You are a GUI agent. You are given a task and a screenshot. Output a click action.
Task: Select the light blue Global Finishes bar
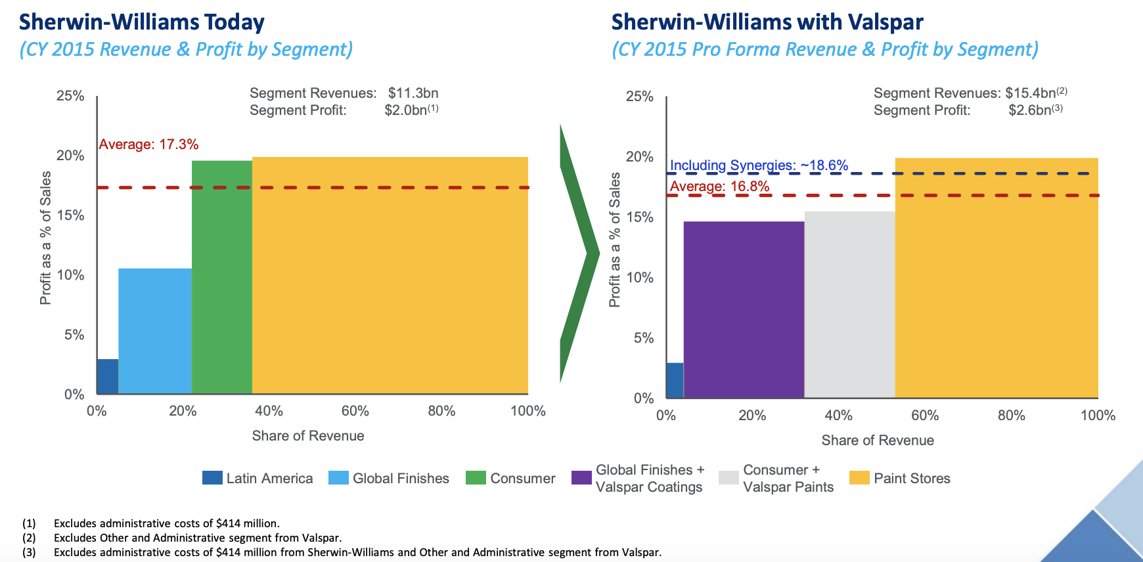[155, 332]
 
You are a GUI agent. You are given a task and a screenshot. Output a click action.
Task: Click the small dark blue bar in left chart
[107, 377]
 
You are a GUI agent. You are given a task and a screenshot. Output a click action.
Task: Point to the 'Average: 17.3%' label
[148, 144]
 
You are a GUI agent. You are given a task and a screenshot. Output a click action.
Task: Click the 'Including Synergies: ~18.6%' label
[759, 165]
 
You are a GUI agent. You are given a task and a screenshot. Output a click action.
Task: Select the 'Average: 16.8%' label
[719, 186]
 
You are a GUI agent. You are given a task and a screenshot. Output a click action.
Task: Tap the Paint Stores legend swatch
[859, 478]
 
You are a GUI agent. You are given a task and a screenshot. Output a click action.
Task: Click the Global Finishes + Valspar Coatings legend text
[649, 479]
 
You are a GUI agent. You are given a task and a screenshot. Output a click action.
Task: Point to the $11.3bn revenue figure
[413, 93]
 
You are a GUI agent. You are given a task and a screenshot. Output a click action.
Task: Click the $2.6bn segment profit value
[1030, 110]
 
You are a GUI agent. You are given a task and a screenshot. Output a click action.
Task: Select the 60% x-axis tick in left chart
[355, 411]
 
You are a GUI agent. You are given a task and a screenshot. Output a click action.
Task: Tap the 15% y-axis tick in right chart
[640, 217]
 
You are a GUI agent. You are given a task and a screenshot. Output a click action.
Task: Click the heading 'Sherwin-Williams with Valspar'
[767, 22]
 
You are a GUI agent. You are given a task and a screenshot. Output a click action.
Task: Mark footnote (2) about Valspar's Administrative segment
[197, 538]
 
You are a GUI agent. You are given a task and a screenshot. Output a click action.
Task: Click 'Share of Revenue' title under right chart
[877, 441]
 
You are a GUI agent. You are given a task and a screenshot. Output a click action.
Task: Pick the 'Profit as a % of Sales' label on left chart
[45, 238]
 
